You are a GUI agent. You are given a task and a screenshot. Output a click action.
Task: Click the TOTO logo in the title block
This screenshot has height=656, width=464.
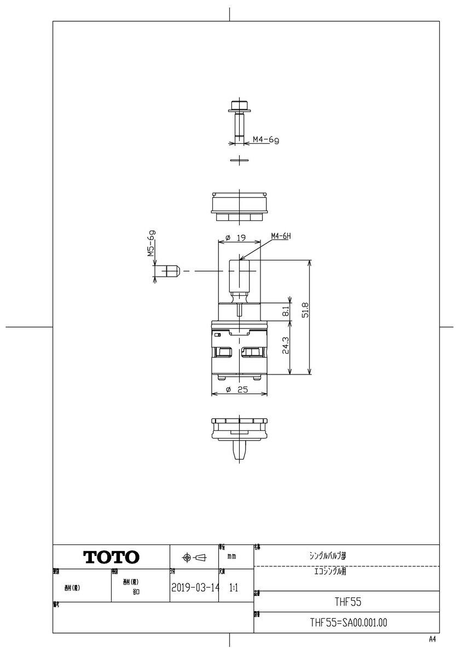click(111, 557)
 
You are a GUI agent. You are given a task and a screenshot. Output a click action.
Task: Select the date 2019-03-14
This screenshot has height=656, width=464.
click(194, 588)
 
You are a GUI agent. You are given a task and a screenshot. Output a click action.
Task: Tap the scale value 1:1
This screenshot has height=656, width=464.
click(233, 588)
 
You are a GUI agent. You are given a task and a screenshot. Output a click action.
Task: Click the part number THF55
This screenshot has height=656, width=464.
click(349, 601)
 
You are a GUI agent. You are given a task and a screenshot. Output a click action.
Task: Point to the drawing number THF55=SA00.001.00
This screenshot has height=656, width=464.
click(349, 623)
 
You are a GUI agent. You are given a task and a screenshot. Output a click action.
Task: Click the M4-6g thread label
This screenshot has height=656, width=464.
click(265, 140)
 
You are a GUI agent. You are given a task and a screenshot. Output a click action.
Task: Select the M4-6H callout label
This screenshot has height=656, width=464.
click(281, 236)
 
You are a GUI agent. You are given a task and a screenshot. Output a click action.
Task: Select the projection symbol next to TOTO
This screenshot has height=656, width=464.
click(194, 558)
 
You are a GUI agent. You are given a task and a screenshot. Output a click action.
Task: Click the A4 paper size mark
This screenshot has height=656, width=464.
click(433, 639)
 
